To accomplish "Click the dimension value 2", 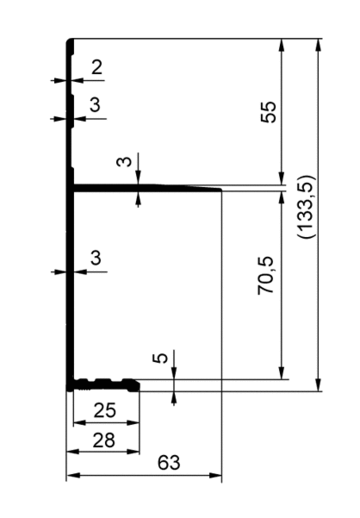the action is point(96,67).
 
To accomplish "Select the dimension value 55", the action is point(269,112).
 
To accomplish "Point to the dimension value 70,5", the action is point(266,275).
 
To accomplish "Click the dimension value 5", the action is point(161,358).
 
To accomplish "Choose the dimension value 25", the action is point(105,410).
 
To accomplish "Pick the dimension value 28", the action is point(104,440).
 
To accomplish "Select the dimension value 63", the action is point(169,463).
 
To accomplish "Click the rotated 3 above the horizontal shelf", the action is point(124,161).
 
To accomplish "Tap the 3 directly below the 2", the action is point(95,105).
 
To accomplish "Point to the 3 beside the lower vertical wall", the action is point(96,258).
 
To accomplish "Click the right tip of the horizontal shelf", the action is point(220,190).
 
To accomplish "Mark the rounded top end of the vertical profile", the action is point(70,41).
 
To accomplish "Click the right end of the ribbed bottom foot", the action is point(138,387).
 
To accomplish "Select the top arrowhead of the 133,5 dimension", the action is point(318,45).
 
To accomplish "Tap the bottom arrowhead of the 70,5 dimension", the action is point(282,373).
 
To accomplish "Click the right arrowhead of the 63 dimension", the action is point(215,476).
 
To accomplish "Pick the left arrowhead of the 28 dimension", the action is point(73,452).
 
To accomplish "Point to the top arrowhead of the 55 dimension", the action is point(282,45).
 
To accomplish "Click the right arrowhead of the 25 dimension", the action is point(133,422).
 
